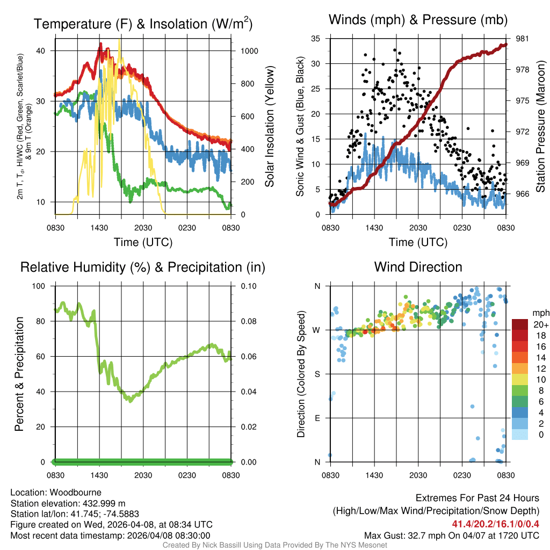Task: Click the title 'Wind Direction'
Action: tap(418, 267)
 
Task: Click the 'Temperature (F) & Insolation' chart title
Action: tap(143, 24)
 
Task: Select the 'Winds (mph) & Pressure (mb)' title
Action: tap(418, 20)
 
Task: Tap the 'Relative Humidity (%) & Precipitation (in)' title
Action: tap(143, 267)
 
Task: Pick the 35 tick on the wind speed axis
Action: tap(316, 39)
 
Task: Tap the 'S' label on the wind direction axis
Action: tap(317, 374)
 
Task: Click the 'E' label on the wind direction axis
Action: tap(317, 418)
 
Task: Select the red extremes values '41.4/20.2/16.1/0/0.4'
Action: tap(495, 524)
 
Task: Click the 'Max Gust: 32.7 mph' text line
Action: tap(451, 535)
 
